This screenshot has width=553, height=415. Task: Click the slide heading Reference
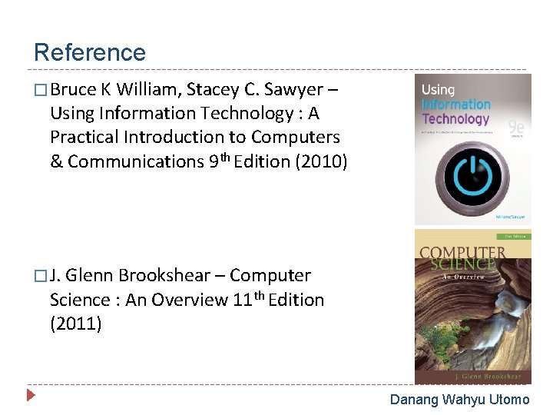click(x=90, y=52)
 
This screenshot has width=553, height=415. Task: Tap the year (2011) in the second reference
click(x=75, y=324)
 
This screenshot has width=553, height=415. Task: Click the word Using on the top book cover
click(x=438, y=90)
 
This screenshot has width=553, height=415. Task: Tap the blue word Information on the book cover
click(x=456, y=105)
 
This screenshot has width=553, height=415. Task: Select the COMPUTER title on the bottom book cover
click(x=462, y=253)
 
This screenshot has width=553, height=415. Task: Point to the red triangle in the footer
click(x=31, y=397)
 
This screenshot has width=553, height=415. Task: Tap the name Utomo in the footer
click(x=510, y=400)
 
